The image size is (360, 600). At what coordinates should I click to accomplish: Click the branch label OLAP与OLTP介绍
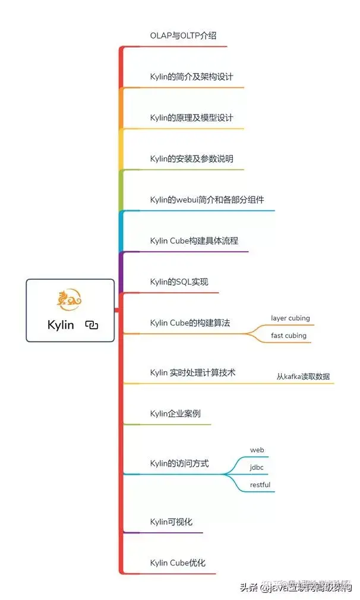[x=183, y=36]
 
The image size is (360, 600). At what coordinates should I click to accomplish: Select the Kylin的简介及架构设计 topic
[x=191, y=77]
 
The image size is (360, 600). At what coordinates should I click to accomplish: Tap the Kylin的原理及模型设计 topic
[x=191, y=118]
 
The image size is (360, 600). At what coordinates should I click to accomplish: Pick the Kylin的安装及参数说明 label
[x=191, y=159]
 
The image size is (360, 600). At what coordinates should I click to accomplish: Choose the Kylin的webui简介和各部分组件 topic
[x=207, y=200]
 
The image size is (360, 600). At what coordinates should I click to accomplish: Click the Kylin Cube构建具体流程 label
[x=194, y=241]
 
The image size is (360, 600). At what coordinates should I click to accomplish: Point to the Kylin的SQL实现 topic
[x=179, y=282]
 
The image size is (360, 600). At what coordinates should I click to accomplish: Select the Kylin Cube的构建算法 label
[x=190, y=323]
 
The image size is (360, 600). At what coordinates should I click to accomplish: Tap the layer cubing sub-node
[x=290, y=318]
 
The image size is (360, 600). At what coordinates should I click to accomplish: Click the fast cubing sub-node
[x=289, y=336]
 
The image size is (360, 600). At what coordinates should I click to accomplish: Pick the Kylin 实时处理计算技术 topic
[x=192, y=372]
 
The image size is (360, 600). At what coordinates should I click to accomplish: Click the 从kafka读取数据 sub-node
[x=303, y=377]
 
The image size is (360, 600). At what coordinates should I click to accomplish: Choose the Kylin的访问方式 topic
[x=179, y=463]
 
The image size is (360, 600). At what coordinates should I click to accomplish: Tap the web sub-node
[x=257, y=450]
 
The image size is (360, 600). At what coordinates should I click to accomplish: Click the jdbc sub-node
[x=257, y=468]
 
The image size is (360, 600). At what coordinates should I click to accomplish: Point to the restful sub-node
[x=260, y=485]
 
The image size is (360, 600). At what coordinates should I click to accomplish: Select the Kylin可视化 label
[x=171, y=522]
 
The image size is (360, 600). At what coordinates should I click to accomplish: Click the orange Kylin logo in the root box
[x=70, y=300]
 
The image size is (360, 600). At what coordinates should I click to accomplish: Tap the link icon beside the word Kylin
[x=91, y=325]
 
